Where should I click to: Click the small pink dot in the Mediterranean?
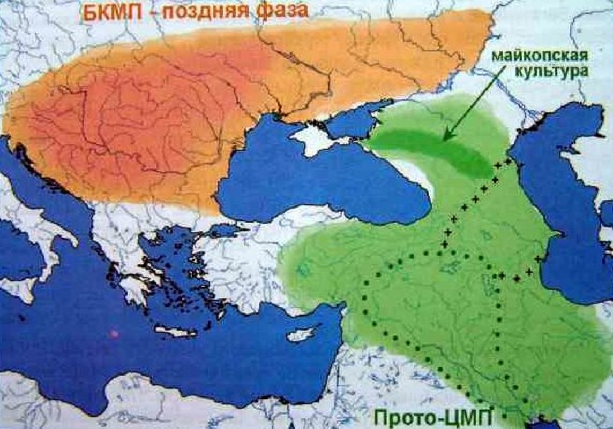click(x=113, y=333)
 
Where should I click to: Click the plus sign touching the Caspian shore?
click(x=537, y=258)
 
